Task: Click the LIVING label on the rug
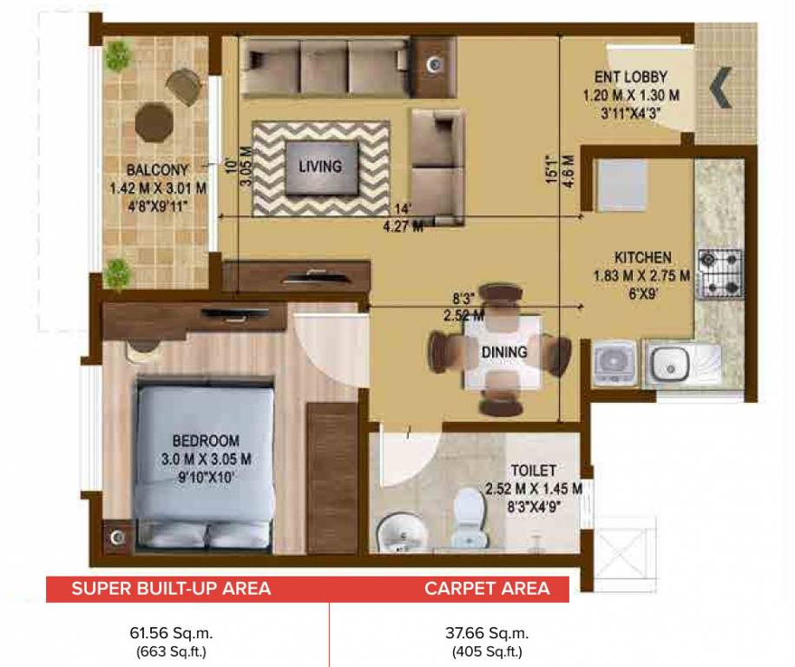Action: tap(320, 166)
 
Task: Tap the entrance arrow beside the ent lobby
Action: tap(720, 89)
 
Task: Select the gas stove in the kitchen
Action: tap(720, 274)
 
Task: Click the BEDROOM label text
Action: tap(205, 440)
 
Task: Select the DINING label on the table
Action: tap(504, 352)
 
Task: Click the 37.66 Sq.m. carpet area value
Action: tap(487, 633)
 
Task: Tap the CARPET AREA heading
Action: tap(487, 589)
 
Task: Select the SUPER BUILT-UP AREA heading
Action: tap(171, 589)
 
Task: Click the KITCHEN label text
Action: tap(642, 258)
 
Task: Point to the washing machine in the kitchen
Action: tap(614, 362)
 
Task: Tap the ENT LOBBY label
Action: tap(631, 77)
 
